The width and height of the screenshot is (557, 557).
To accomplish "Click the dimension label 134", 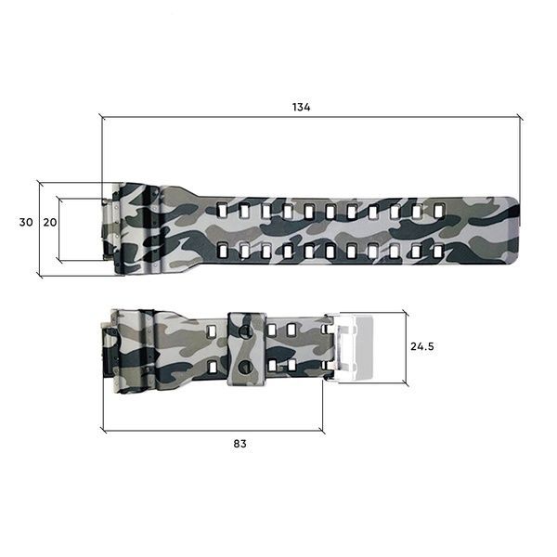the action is (x=301, y=107).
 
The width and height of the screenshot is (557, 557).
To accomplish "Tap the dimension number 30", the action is (x=26, y=223).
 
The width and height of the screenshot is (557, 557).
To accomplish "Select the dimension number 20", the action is (x=50, y=223).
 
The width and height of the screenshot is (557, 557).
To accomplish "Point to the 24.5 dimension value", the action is (x=422, y=346).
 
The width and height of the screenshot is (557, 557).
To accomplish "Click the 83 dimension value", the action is (x=240, y=444).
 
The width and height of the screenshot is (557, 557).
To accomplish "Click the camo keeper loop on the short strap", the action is (x=247, y=349).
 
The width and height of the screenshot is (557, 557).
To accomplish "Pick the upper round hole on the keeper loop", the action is (x=245, y=331).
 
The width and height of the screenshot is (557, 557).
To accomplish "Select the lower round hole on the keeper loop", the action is (x=245, y=367).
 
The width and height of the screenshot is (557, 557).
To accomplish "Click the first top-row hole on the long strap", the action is (x=223, y=210).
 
